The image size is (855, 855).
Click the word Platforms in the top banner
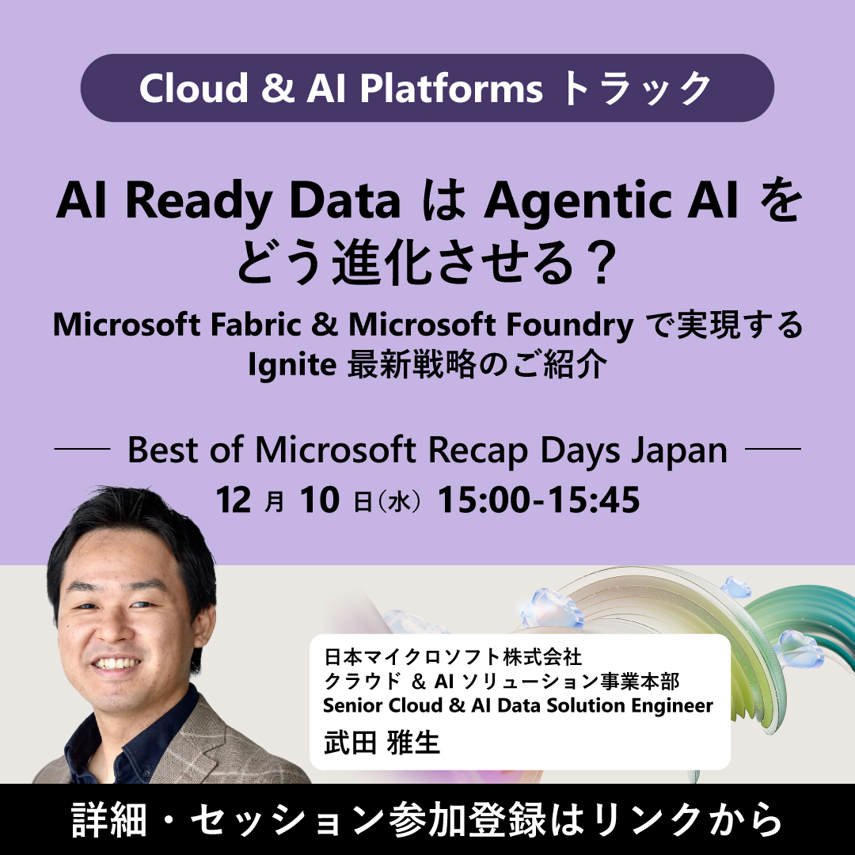[x=451, y=89]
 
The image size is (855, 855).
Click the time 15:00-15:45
[x=538, y=500]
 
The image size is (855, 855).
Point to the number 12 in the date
[x=235, y=500]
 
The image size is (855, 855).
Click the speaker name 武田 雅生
[x=382, y=743]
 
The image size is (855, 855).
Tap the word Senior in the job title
[x=359, y=705]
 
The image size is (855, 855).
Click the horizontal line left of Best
[x=82, y=450]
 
